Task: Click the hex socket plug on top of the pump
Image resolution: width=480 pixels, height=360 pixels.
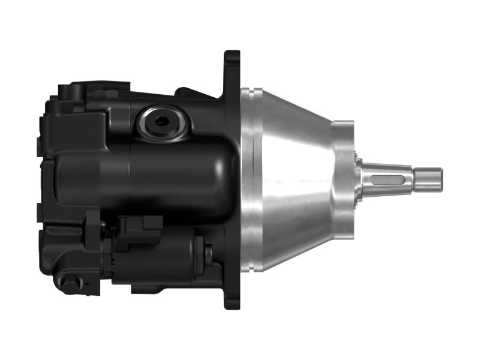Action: pos(161,121)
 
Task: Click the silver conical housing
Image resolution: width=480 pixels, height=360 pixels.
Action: pos(294,180)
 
